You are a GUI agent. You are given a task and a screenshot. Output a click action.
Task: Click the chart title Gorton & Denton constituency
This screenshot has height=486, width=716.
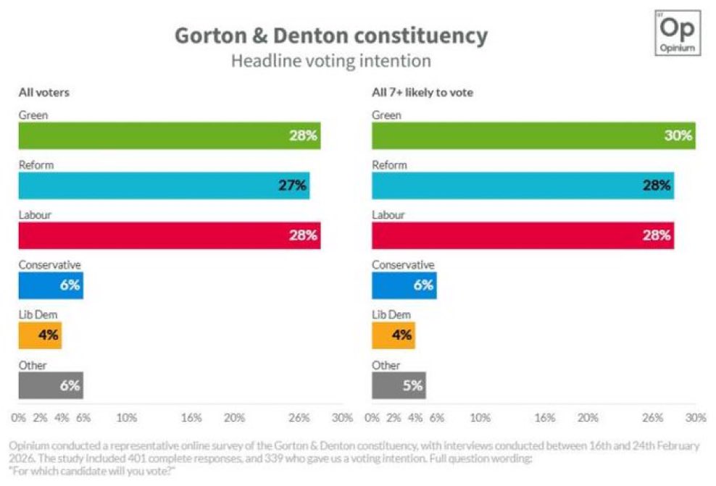[x=330, y=35]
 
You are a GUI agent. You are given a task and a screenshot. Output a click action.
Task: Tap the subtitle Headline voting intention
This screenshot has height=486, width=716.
[x=330, y=61]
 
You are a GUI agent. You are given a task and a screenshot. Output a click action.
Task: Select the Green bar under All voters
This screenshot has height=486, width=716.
[x=169, y=135]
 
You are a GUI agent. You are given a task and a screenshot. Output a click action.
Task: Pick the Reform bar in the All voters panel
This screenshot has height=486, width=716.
[x=164, y=185]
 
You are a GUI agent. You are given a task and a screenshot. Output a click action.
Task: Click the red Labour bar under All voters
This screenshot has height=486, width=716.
[x=169, y=235]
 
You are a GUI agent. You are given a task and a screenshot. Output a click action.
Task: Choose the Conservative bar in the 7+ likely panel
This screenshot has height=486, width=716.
[x=404, y=285]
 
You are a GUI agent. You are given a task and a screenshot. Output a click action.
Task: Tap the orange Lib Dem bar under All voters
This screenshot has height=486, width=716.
[x=40, y=335]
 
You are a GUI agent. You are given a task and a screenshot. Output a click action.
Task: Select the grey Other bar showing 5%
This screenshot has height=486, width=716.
[x=399, y=385]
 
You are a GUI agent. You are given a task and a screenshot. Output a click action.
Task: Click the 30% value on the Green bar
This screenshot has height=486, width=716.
[x=678, y=135]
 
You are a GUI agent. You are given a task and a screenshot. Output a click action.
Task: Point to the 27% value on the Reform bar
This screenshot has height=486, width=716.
[x=293, y=185]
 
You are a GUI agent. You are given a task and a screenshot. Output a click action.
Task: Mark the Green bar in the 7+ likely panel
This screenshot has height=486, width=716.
[x=533, y=135]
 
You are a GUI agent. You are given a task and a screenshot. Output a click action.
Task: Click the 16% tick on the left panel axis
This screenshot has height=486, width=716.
[x=191, y=418]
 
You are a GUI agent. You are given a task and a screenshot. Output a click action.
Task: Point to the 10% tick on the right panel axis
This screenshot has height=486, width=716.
[x=480, y=418]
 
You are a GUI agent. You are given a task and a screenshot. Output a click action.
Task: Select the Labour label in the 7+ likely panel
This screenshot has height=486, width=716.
[x=388, y=215]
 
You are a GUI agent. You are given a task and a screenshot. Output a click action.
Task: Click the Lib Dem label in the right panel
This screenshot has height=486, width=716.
[x=391, y=314]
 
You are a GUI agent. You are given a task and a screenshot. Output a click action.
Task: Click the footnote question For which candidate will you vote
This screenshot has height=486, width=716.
[x=93, y=471]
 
